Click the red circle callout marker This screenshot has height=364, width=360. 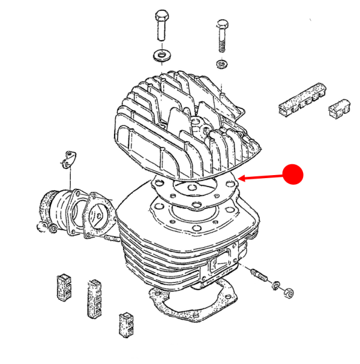click(294, 174)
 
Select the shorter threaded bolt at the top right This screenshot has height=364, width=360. click(221, 36)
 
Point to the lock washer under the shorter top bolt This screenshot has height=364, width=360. click(222, 64)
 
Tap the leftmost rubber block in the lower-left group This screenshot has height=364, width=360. click(64, 287)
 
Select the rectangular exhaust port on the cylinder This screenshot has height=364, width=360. click(221, 262)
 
